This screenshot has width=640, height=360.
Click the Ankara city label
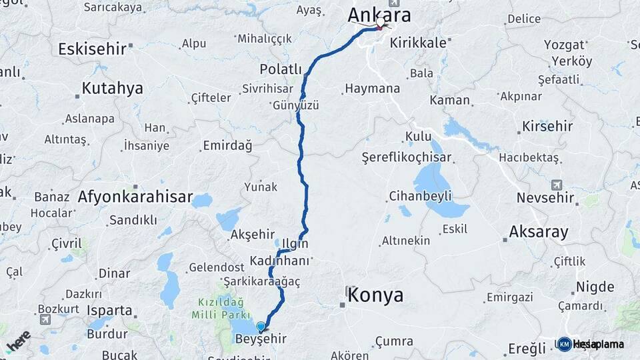[380, 15]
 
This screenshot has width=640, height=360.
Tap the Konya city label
[375, 295]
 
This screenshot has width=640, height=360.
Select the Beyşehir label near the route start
[261, 339]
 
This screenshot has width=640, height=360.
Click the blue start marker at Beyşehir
[260, 327]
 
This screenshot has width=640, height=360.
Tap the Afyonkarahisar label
[135, 197]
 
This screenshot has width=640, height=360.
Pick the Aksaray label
[538, 232]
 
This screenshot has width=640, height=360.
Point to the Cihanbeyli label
[421, 196]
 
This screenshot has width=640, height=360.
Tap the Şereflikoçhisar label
[407, 158]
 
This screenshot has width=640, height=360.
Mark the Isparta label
[109, 310]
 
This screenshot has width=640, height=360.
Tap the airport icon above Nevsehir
[557, 185]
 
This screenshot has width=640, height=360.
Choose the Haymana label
[373, 88]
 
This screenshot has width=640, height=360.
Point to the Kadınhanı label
[280, 261]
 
